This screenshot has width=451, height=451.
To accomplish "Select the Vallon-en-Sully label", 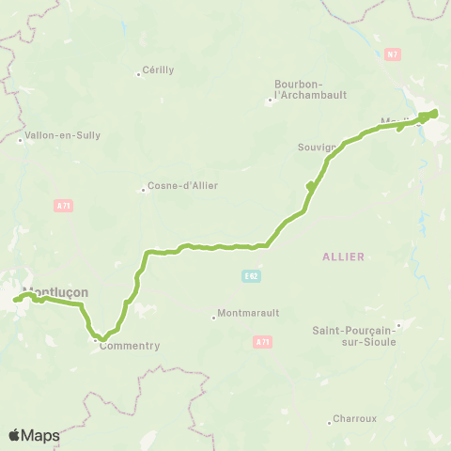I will tap(61, 135).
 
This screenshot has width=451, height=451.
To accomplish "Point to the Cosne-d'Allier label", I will tap(182, 186).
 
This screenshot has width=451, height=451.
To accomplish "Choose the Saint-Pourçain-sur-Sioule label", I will tap(356, 336).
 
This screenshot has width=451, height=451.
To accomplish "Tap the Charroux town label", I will tap(356, 419).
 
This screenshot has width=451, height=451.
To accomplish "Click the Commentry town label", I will tap(130, 346).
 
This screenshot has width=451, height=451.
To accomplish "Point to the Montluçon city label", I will tap(56, 292).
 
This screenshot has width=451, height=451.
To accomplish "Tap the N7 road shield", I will tap(392, 55).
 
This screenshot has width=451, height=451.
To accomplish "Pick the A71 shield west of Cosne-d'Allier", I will tap(63, 205).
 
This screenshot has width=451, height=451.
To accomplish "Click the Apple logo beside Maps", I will tap(14, 435).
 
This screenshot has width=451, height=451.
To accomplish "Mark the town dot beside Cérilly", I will tap(138, 74).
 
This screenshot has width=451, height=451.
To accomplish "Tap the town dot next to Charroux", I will tap(329, 423).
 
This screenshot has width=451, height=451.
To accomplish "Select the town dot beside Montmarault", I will tap(213, 318).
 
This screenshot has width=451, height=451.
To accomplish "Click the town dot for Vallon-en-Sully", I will tap(20, 141).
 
